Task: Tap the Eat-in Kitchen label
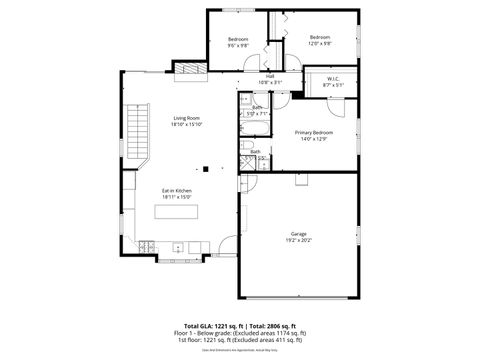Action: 177,190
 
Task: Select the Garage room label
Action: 299,234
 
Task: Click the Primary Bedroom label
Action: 314,132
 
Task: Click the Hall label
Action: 270,75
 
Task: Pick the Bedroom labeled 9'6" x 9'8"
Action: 237,38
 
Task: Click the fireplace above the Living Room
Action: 190,68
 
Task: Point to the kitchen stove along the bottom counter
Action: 147,246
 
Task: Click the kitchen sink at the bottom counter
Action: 178,246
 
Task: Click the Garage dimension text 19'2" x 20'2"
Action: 299,241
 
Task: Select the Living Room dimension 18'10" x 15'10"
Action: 187,124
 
